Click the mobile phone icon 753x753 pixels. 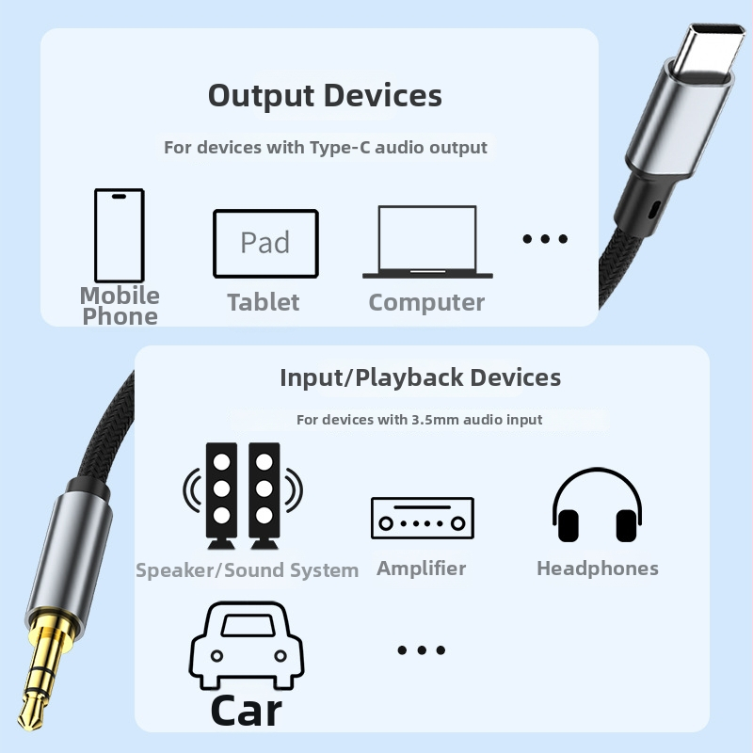(x=120, y=235)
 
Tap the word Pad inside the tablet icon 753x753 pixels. (x=265, y=243)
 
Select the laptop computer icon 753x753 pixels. (x=427, y=242)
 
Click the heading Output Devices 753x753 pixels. (x=325, y=96)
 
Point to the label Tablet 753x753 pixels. (x=264, y=302)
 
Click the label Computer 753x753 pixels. (x=426, y=302)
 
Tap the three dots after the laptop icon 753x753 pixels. (x=545, y=239)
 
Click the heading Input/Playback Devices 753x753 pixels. (x=420, y=377)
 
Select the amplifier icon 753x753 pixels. (x=423, y=518)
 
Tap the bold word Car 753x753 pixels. (x=247, y=712)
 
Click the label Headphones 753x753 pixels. (x=598, y=569)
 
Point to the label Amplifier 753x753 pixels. (x=421, y=569)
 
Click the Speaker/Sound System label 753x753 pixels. (x=247, y=570)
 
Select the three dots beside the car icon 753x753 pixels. (x=422, y=650)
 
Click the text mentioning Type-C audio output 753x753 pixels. (x=326, y=148)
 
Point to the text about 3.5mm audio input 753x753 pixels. (x=419, y=420)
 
